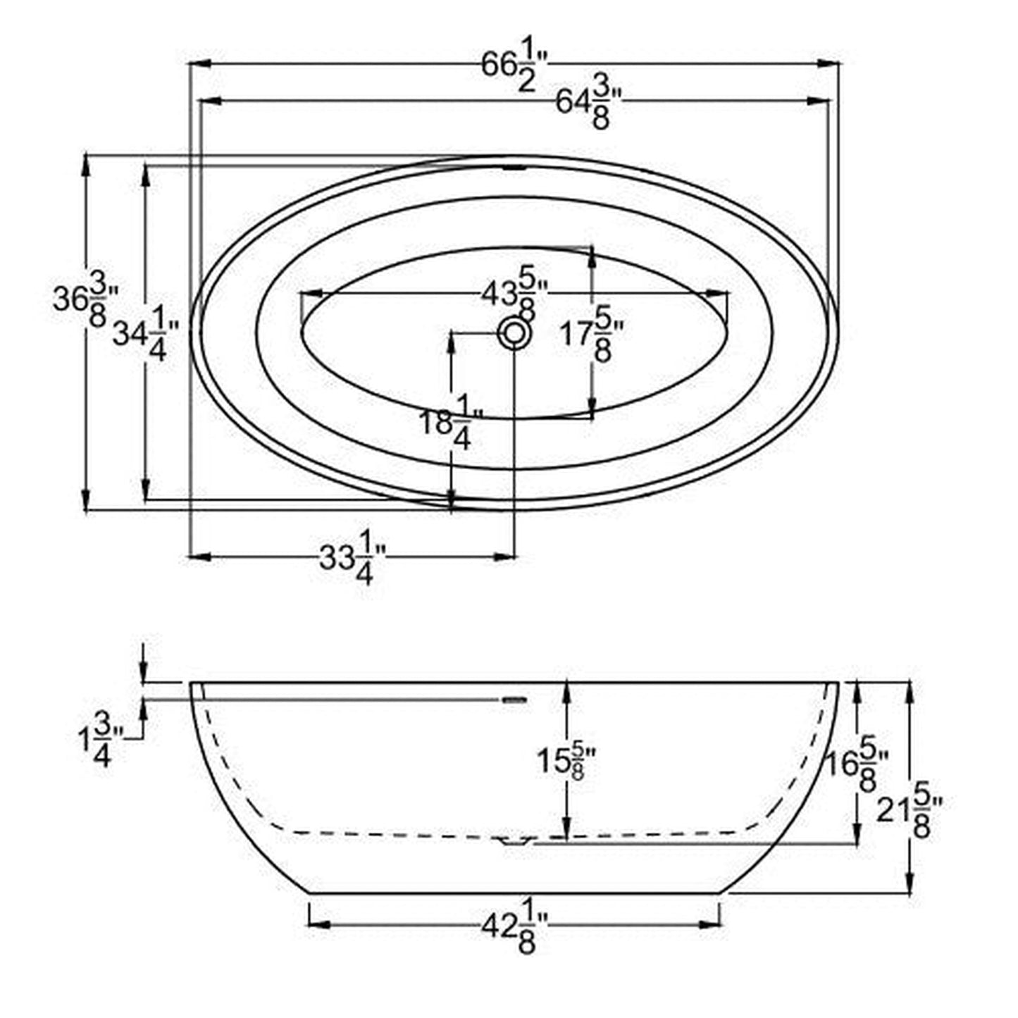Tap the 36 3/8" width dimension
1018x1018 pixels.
point(85,303)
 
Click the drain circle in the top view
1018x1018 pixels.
point(514,333)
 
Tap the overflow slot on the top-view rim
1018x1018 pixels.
point(514,168)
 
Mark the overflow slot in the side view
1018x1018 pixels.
point(514,700)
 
